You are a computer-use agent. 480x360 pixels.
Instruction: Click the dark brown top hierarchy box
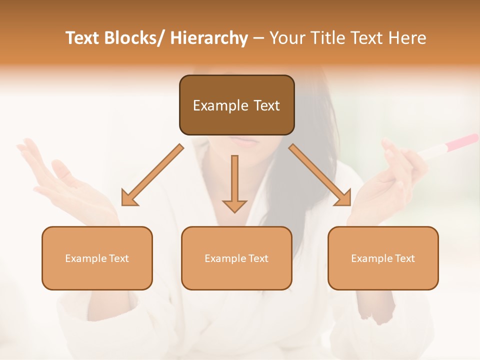point(236,105)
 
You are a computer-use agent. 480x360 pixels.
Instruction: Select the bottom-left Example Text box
point(97,258)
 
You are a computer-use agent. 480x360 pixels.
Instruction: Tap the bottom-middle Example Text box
point(236,258)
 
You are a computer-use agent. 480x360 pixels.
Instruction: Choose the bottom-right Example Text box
point(383,258)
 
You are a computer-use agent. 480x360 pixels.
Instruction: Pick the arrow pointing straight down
point(234,183)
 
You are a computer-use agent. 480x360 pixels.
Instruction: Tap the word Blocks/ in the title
point(130,38)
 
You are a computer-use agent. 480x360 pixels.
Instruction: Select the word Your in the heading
point(287,38)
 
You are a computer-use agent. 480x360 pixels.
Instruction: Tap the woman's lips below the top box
point(243,140)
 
